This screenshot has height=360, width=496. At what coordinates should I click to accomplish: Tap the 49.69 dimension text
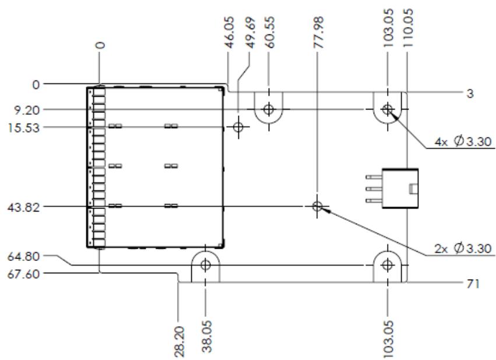(x=250, y=33)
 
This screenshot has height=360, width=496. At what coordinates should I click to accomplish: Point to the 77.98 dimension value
(x=319, y=33)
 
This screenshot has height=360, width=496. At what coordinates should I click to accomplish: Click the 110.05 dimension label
(x=408, y=28)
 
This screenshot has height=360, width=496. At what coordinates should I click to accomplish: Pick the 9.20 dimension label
(x=27, y=111)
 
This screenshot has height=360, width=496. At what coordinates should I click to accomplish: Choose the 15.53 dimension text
(x=24, y=128)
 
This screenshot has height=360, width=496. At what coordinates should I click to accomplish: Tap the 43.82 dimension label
(x=24, y=207)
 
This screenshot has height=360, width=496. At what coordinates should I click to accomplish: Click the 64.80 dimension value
(x=24, y=256)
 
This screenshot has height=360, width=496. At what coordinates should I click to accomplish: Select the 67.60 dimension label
(x=24, y=274)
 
